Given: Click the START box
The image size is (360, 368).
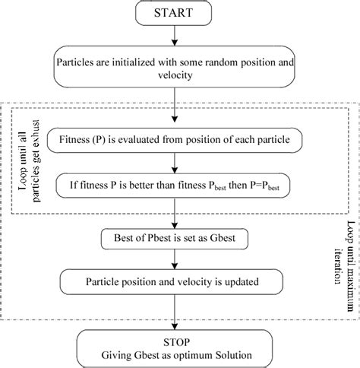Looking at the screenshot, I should [178, 14].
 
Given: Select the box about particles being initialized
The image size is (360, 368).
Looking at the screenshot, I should [178, 68].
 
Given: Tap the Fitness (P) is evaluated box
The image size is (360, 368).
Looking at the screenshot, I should [178, 140].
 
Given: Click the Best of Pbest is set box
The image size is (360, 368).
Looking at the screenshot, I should [178, 239].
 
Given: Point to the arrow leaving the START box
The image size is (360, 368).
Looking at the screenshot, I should [178, 37].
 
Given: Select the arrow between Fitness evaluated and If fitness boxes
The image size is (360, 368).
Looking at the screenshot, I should [178, 161].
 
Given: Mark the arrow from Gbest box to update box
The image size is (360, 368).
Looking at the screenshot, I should [178, 260].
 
